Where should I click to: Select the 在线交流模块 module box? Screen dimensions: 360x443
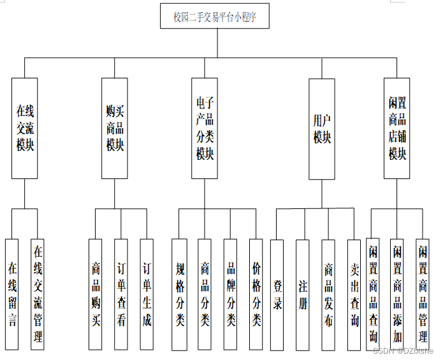tap(25, 127)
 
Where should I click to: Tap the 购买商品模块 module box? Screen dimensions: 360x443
tap(115, 127)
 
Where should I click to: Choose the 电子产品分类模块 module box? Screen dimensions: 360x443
tap(205, 127)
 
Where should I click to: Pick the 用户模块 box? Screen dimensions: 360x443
tap(322, 127)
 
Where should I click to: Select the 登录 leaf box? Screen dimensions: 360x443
tap(277, 294)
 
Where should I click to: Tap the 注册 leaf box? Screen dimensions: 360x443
tap(303, 294)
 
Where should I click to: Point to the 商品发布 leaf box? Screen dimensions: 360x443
tap(328, 294)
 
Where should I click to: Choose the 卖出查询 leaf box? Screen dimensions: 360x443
tap(354, 294)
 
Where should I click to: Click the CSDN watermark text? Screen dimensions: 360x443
tap(402, 350)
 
